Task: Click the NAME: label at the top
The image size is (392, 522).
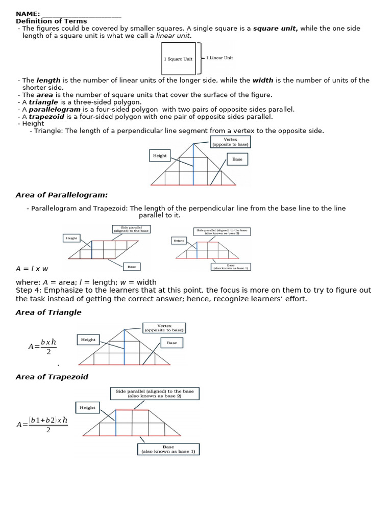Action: click(28, 14)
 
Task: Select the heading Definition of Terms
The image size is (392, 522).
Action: click(51, 21)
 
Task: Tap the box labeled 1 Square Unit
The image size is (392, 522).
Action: click(178, 59)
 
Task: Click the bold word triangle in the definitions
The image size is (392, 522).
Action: click(43, 102)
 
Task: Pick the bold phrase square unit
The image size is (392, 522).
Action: click(276, 29)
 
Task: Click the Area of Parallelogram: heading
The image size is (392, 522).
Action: click(62, 195)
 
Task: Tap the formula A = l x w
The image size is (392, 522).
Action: click(32, 269)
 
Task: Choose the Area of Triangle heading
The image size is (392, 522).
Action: click(48, 312)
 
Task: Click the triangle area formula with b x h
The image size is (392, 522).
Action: click(43, 347)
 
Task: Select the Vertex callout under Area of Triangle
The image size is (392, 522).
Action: click(164, 328)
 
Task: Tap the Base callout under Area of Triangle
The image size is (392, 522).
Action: click(171, 343)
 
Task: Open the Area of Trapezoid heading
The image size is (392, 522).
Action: click(52, 377)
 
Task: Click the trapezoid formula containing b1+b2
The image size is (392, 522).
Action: click(42, 424)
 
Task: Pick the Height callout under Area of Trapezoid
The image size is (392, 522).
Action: click(87, 407)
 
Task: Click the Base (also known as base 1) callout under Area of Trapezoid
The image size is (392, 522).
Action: click(168, 449)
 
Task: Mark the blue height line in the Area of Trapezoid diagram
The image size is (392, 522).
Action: click(116, 423)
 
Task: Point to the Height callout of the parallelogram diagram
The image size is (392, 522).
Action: click(71, 238)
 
